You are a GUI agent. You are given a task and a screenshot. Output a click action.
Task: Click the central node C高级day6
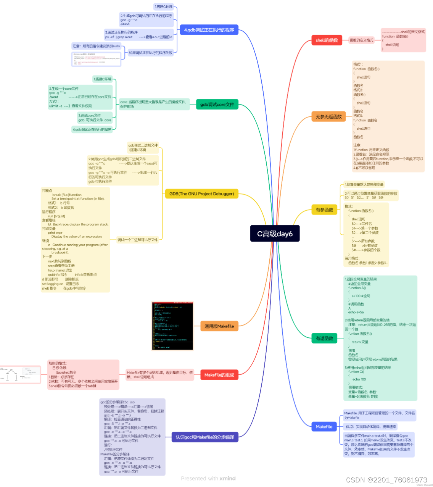coord(275,234)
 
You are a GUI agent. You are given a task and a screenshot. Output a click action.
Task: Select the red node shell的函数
coord(327,40)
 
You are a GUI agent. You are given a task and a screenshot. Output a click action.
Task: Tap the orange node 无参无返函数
coord(328,116)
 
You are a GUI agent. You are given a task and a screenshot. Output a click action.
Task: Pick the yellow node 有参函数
coord(324,210)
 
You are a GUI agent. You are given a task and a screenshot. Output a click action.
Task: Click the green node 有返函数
coord(324,338)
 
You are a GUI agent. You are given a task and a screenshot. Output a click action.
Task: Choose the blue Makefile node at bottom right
coord(324,426)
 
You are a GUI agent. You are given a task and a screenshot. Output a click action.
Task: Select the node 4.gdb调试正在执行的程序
coord(209,30)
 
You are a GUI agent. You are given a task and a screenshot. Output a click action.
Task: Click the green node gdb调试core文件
coord(217,104)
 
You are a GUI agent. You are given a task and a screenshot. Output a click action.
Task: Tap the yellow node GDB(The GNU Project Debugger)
coord(201,194)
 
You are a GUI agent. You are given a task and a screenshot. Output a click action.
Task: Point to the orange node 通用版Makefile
coord(219,326)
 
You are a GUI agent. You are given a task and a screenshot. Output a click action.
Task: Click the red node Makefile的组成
coord(219,375)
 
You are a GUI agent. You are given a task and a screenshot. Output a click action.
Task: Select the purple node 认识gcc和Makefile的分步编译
coord(205,437)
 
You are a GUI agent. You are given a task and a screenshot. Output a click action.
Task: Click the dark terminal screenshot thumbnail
coord(172,326)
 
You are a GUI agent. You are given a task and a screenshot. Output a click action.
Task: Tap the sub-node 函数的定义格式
coord(361,40)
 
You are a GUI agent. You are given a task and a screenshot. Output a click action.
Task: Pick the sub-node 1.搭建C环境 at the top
coord(164,6)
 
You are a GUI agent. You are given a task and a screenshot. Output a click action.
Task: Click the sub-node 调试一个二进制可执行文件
coord(137,240)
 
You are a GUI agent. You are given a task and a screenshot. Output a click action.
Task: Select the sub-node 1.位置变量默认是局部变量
coord(364,184)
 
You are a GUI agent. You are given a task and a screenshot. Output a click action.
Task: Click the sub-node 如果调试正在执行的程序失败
coord(150,53)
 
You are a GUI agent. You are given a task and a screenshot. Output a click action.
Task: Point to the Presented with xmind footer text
coord(208,478)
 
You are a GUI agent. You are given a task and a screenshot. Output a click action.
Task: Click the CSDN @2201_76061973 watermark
coord(386,480)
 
